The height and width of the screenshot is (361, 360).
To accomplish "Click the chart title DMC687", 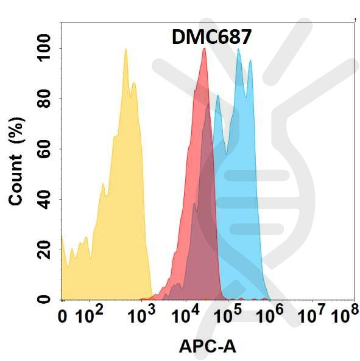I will (209, 38).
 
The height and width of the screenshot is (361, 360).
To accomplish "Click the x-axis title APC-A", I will (207, 346).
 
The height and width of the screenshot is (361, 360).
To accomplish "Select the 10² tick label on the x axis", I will (90, 316).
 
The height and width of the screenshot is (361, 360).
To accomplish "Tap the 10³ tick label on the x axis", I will (143, 316).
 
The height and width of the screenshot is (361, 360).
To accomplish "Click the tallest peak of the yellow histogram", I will (125, 49).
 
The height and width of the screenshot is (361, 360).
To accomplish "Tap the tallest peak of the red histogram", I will (204, 49).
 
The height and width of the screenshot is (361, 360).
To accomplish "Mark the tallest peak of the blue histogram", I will (239, 50).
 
